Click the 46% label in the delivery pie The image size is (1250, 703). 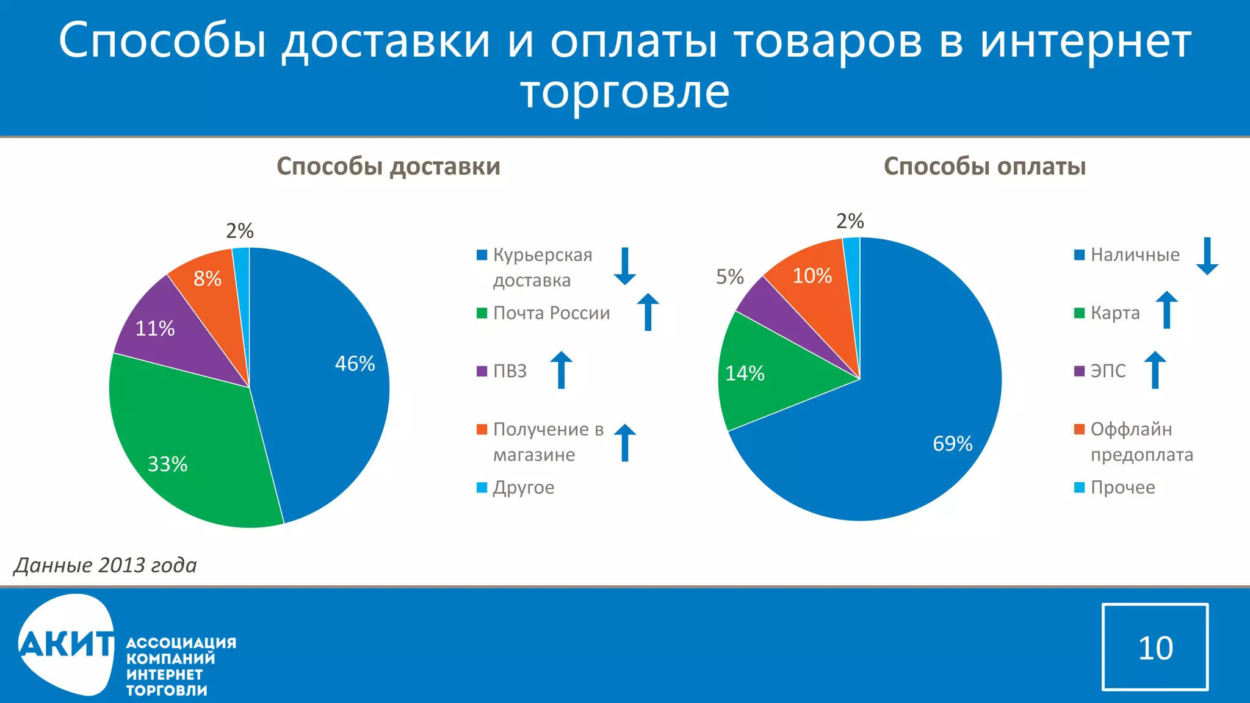pyautogui.click(x=355, y=364)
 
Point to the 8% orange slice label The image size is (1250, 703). pyautogui.click(x=208, y=279)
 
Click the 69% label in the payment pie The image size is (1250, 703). pyautogui.click(x=952, y=444)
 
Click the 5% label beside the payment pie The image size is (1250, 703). pyautogui.click(x=730, y=277)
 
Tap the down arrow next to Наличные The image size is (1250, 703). pyautogui.click(x=1207, y=256)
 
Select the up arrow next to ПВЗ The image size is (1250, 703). pyautogui.click(x=561, y=370)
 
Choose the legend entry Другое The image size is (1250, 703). pyautogui.click(x=523, y=488)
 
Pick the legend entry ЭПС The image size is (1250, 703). pyautogui.click(x=1107, y=371)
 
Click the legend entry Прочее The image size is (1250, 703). pyautogui.click(x=1122, y=488)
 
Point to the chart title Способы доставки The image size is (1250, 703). pyautogui.click(x=388, y=167)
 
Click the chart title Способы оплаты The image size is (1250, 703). pyautogui.click(x=984, y=167)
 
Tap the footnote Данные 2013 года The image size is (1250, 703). pyautogui.click(x=106, y=565)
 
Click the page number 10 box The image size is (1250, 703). pyautogui.click(x=1155, y=647)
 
